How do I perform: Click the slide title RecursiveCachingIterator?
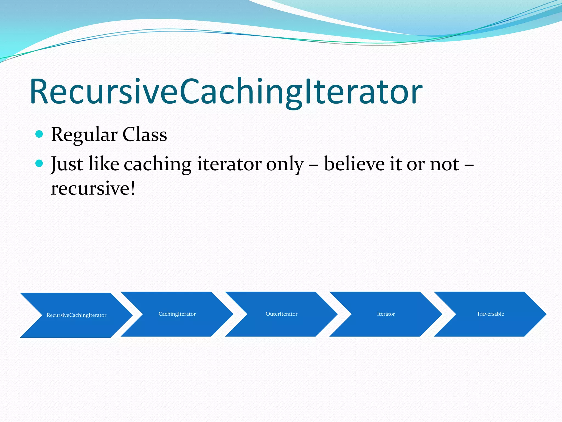click(226, 92)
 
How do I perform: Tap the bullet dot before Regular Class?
click(40, 134)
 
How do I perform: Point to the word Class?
click(145, 135)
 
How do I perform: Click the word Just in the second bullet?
click(67, 164)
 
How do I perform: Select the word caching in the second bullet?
click(158, 164)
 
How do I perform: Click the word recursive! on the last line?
click(93, 188)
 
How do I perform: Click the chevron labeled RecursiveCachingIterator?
click(76, 315)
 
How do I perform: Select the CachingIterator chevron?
click(177, 314)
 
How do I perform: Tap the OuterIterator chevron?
click(281, 314)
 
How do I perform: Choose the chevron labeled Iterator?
click(386, 314)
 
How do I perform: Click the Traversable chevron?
click(490, 314)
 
